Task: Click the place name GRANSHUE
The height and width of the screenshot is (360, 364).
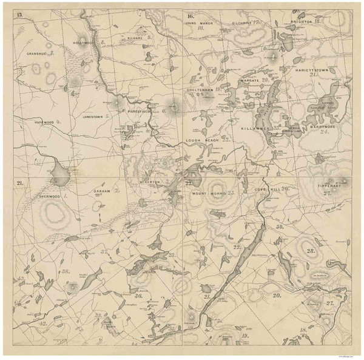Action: point(36,53)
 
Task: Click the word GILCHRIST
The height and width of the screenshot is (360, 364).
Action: point(243,22)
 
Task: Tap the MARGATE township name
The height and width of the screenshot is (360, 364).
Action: point(249,80)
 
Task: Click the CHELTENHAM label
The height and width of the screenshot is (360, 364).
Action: point(200,89)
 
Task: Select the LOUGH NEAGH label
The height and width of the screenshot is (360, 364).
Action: point(201,140)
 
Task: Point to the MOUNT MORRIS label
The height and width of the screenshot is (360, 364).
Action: point(209,193)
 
